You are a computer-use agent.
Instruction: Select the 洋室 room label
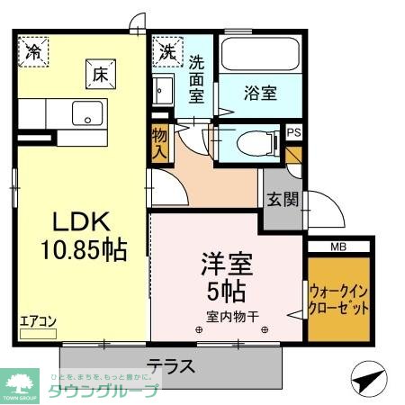227,265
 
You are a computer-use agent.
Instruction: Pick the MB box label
337,246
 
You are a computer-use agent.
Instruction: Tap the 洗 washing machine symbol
168,51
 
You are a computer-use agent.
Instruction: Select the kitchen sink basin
87,114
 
